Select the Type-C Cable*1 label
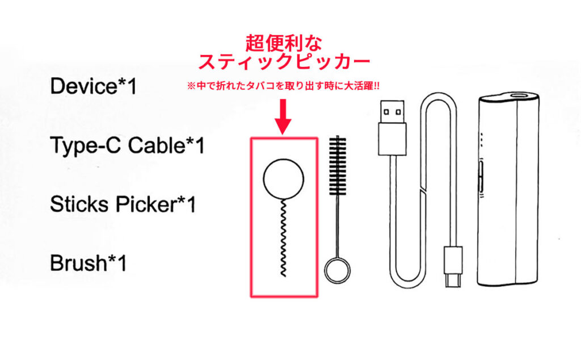[x=127, y=146]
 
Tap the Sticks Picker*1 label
[x=123, y=204]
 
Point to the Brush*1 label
[x=88, y=263]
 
